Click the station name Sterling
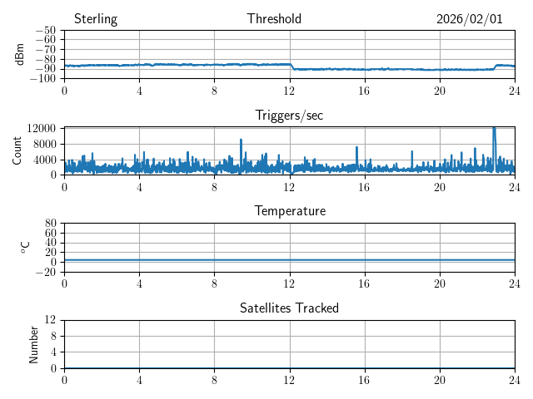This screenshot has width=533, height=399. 95,19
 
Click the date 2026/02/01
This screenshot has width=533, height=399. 469,19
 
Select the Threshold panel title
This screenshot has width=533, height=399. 274,19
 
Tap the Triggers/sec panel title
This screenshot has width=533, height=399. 289,116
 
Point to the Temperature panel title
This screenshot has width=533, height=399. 290,211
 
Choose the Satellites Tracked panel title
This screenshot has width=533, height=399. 289,308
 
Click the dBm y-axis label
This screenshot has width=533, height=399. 19,54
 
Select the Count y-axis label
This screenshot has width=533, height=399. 17,150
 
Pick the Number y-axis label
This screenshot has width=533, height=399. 34,343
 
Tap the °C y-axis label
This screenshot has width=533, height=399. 26,247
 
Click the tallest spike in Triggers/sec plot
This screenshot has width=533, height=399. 494,128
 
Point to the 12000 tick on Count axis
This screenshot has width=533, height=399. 41,128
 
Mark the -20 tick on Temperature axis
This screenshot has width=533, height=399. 46,272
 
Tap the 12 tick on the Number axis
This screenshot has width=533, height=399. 51,320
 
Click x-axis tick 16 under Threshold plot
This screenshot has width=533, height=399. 365,91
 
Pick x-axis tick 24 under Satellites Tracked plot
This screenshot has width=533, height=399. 515,380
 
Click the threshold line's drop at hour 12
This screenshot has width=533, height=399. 291,66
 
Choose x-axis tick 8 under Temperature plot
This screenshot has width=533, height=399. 215,283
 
